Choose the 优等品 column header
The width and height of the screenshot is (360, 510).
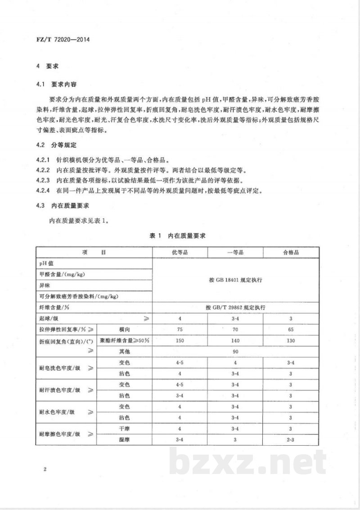click(180, 252)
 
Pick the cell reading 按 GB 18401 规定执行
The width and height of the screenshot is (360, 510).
click(235, 280)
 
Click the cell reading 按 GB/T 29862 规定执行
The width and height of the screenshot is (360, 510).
click(235, 308)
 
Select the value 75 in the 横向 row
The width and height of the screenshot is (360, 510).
click(180, 330)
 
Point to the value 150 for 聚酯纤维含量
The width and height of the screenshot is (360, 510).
click(180, 341)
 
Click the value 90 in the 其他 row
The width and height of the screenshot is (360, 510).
click(235, 352)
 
